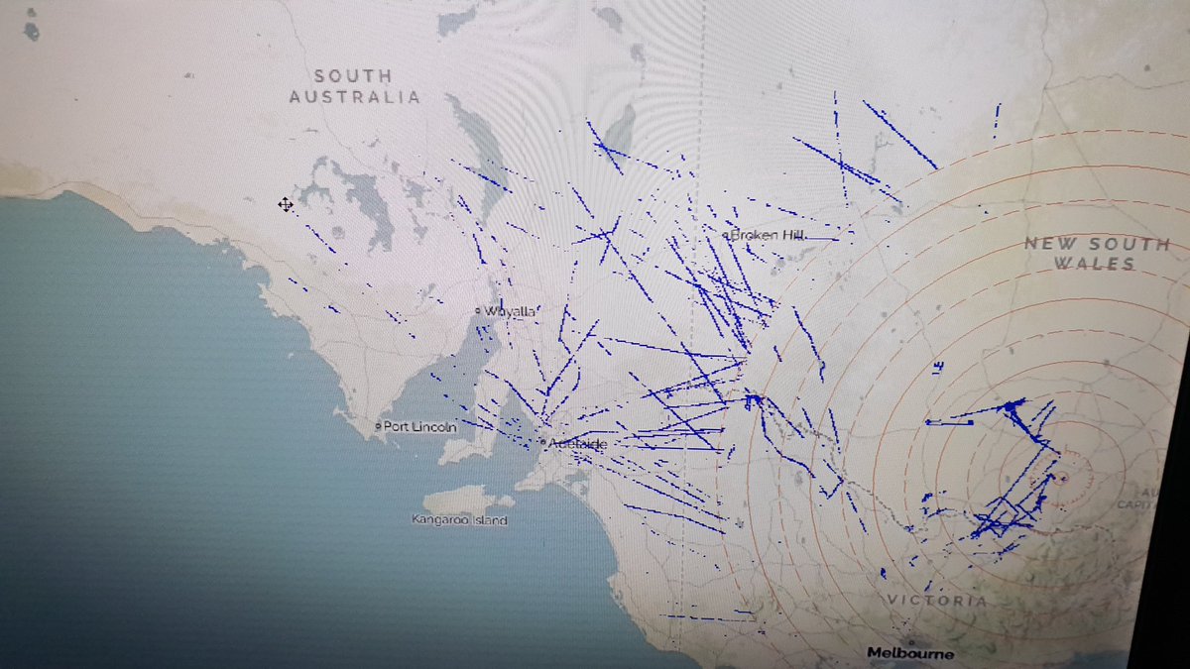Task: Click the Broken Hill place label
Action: pyautogui.click(x=770, y=235)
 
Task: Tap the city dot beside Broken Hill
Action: pyautogui.click(x=728, y=236)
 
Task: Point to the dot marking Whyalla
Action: pyautogui.click(x=478, y=311)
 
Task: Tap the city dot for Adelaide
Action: pyautogui.click(x=543, y=441)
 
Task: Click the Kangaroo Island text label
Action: pyautogui.click(x=459, y=519)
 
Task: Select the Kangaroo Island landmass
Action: pyautogui.click(x=461, y=500)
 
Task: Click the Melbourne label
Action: pyautogui.click(x=910, y=653)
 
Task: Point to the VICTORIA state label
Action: pyautogui.click(x=937, y=601)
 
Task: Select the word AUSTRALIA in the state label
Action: pyautogui.click(x=354, y=96)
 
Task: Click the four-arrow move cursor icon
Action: pyautogui.click(x=286, y=204)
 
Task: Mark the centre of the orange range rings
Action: pyautogui.click(x=1062, y=479)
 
